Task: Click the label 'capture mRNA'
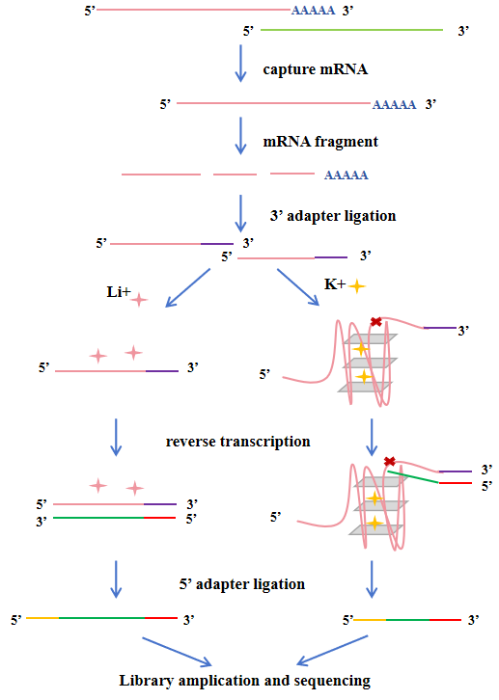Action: [x=316, y=69]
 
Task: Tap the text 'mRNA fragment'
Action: [x=320, y=142]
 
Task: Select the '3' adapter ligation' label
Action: [x=333, y=216]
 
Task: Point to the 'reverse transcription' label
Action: [x=238, y=442]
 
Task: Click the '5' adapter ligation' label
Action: [x=242, y=584]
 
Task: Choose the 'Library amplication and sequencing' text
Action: [x=245, y=681]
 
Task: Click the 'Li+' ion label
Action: [x=119, y=291]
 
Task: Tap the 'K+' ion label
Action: [x=335, y=283]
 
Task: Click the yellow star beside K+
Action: [x=356, y=286]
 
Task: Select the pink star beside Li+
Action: [x=139, y=300]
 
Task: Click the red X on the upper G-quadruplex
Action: [x=376, y=321]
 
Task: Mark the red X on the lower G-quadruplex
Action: [x=390, y=461]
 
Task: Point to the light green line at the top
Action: [x=351, y=30]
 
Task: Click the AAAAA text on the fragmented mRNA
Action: [x=347, y=175]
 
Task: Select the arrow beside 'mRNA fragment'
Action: [x=240, y=136]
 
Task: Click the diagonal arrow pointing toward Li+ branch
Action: [x=187, y=287]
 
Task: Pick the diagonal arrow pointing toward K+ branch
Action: [x=298, y=287]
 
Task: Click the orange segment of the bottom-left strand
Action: [x=42, y=618]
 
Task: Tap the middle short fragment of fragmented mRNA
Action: [x=235, y=175]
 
